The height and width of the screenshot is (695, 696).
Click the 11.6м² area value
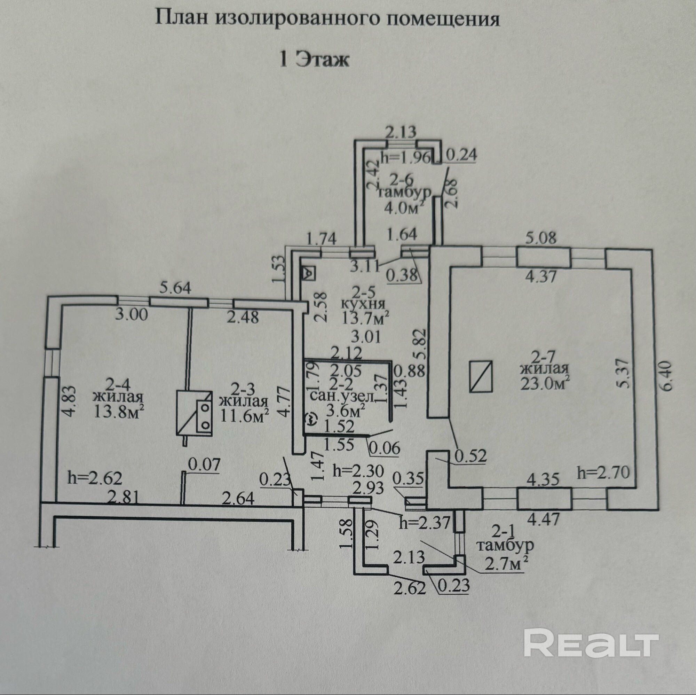(245, 415)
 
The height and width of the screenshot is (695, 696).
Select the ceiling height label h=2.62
(95, 478)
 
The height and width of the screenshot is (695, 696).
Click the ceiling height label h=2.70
(603, 472)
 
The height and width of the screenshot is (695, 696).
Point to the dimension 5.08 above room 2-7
(541, 238)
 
